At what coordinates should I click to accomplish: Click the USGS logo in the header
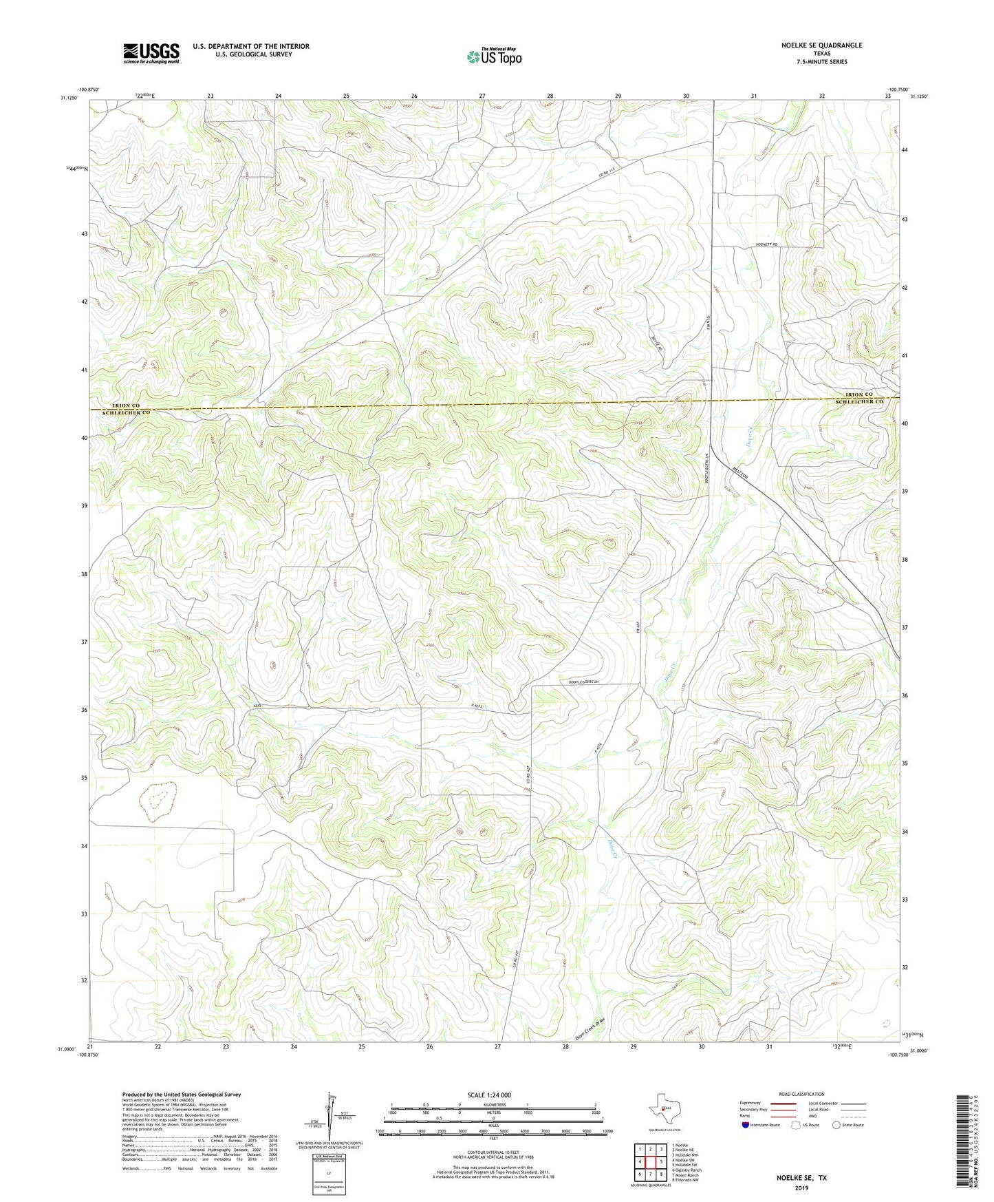click(x=151, y=53)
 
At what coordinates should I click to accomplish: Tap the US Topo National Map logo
click(x=494, y=56)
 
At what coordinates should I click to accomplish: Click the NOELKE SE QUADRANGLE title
click(x=821, y=45)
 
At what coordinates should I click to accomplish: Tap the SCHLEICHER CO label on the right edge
click(x=859, y=401)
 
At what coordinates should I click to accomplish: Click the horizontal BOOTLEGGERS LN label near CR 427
click(x=584, y=682)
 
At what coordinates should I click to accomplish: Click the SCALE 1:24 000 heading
click(x=489, y=1095)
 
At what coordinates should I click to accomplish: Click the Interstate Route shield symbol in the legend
click(x=746, y=1125)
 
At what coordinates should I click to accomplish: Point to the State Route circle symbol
click(x=836, y=1125)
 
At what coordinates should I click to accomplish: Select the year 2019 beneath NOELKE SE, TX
click(x=801, y=1188)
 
